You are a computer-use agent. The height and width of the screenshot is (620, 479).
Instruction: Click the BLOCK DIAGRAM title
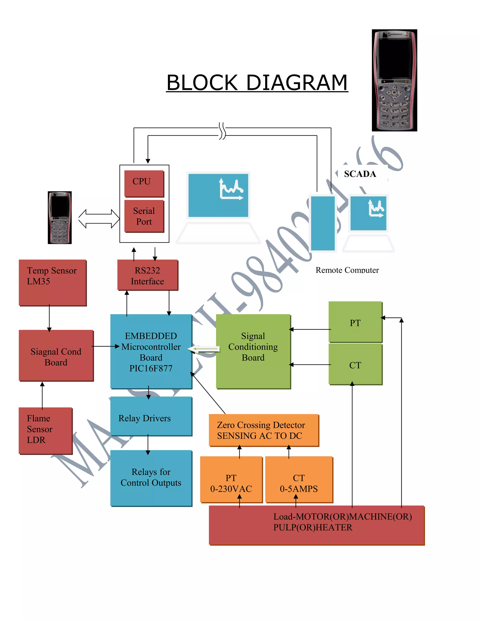tap(257, 83)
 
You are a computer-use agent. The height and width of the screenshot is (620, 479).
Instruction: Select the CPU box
tap(144, 183)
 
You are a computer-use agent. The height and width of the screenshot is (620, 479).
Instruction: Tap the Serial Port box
tap(144, 216)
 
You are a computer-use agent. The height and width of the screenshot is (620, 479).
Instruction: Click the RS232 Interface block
tap(148, 275)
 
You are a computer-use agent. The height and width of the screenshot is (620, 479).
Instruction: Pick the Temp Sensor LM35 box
tap(52, 282)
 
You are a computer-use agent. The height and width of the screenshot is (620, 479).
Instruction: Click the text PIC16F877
tap(151, 368)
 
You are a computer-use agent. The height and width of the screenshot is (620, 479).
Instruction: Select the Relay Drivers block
tap(151, 416)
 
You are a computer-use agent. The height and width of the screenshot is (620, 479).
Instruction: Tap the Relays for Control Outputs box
tap(151, 478)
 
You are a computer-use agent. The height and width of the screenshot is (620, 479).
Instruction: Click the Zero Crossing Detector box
tap(264, 430)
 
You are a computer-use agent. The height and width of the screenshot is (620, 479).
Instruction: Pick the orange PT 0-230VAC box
tap(231, 479)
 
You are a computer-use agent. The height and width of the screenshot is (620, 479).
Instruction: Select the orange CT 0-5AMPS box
tap(299, 479)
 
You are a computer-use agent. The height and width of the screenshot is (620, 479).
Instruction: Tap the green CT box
tap(355, 364)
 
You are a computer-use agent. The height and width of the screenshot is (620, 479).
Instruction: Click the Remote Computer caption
tap(347, 270)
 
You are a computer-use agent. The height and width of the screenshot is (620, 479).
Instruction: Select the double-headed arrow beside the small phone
tap(99, 219)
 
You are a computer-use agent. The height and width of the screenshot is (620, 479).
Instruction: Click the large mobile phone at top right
tap(394, 80)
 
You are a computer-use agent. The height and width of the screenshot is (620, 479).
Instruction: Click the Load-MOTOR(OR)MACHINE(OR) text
tap(342, 516)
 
